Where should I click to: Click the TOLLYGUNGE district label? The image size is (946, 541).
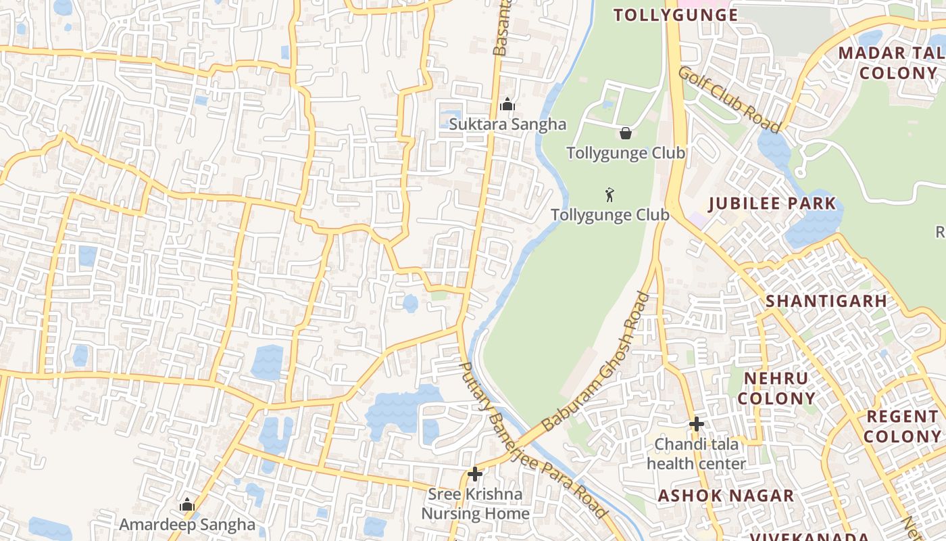[676, 15]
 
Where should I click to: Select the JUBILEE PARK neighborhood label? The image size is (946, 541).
[772, 204]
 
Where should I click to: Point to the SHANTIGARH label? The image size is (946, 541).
[826, 301]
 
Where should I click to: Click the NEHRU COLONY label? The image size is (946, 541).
[776, 388]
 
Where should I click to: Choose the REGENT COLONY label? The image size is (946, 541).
[902, 426]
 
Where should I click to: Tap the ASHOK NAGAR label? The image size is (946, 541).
[726, 496]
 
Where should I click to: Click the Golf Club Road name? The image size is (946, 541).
[730, 99]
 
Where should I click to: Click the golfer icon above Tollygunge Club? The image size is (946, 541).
[610, 195]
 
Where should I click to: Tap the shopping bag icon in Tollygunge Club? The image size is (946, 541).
[626, 133]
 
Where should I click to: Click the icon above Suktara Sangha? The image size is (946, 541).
[507, 104]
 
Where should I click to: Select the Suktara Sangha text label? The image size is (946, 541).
[507, 124]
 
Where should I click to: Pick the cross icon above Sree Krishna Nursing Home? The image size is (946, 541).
[475, 474]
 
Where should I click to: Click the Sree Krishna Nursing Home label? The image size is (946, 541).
[475, 504]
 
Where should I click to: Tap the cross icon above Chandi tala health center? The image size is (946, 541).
[697, 425]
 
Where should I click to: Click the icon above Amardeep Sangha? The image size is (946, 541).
[187, 504]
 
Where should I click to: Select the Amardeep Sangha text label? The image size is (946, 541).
[187, 524]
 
